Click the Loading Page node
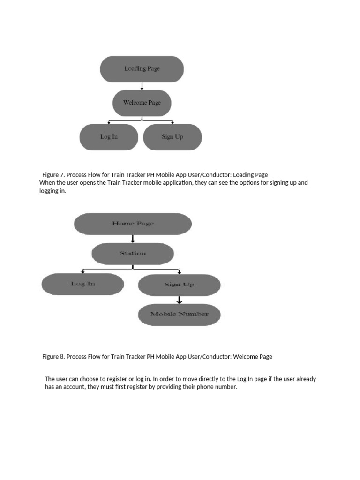142,69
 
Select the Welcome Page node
142,103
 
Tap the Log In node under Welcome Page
109,137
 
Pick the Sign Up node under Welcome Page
172,137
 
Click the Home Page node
133,224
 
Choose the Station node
133,254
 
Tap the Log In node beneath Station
83,284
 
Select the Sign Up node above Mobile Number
179,285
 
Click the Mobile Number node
179,314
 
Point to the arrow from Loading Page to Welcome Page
142,86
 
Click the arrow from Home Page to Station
133,238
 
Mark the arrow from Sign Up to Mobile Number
179,300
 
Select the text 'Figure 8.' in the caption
53,357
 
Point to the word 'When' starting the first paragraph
47,182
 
